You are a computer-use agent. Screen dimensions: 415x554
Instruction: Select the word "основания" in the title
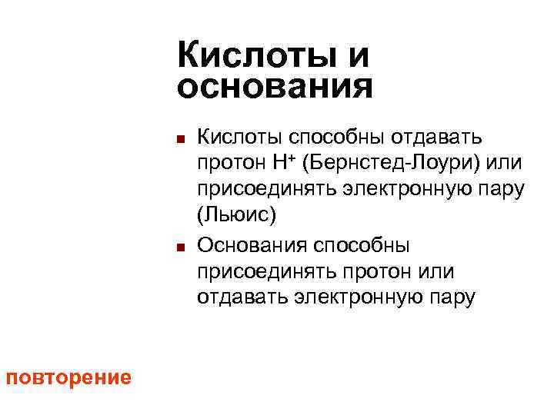click(275, 87)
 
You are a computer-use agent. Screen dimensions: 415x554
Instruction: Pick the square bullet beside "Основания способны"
click(179, 248)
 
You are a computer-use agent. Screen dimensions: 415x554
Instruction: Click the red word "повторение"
click(68, 378)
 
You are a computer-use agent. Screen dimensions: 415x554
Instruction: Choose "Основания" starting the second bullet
click(245, 245)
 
